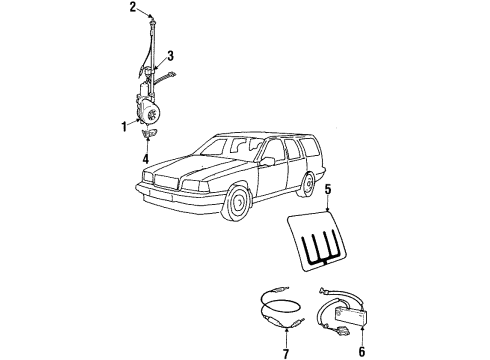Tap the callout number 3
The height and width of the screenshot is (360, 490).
pos(172,56)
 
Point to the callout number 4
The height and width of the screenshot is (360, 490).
pos(146,158)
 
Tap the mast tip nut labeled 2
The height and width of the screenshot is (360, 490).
pos(149,18)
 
